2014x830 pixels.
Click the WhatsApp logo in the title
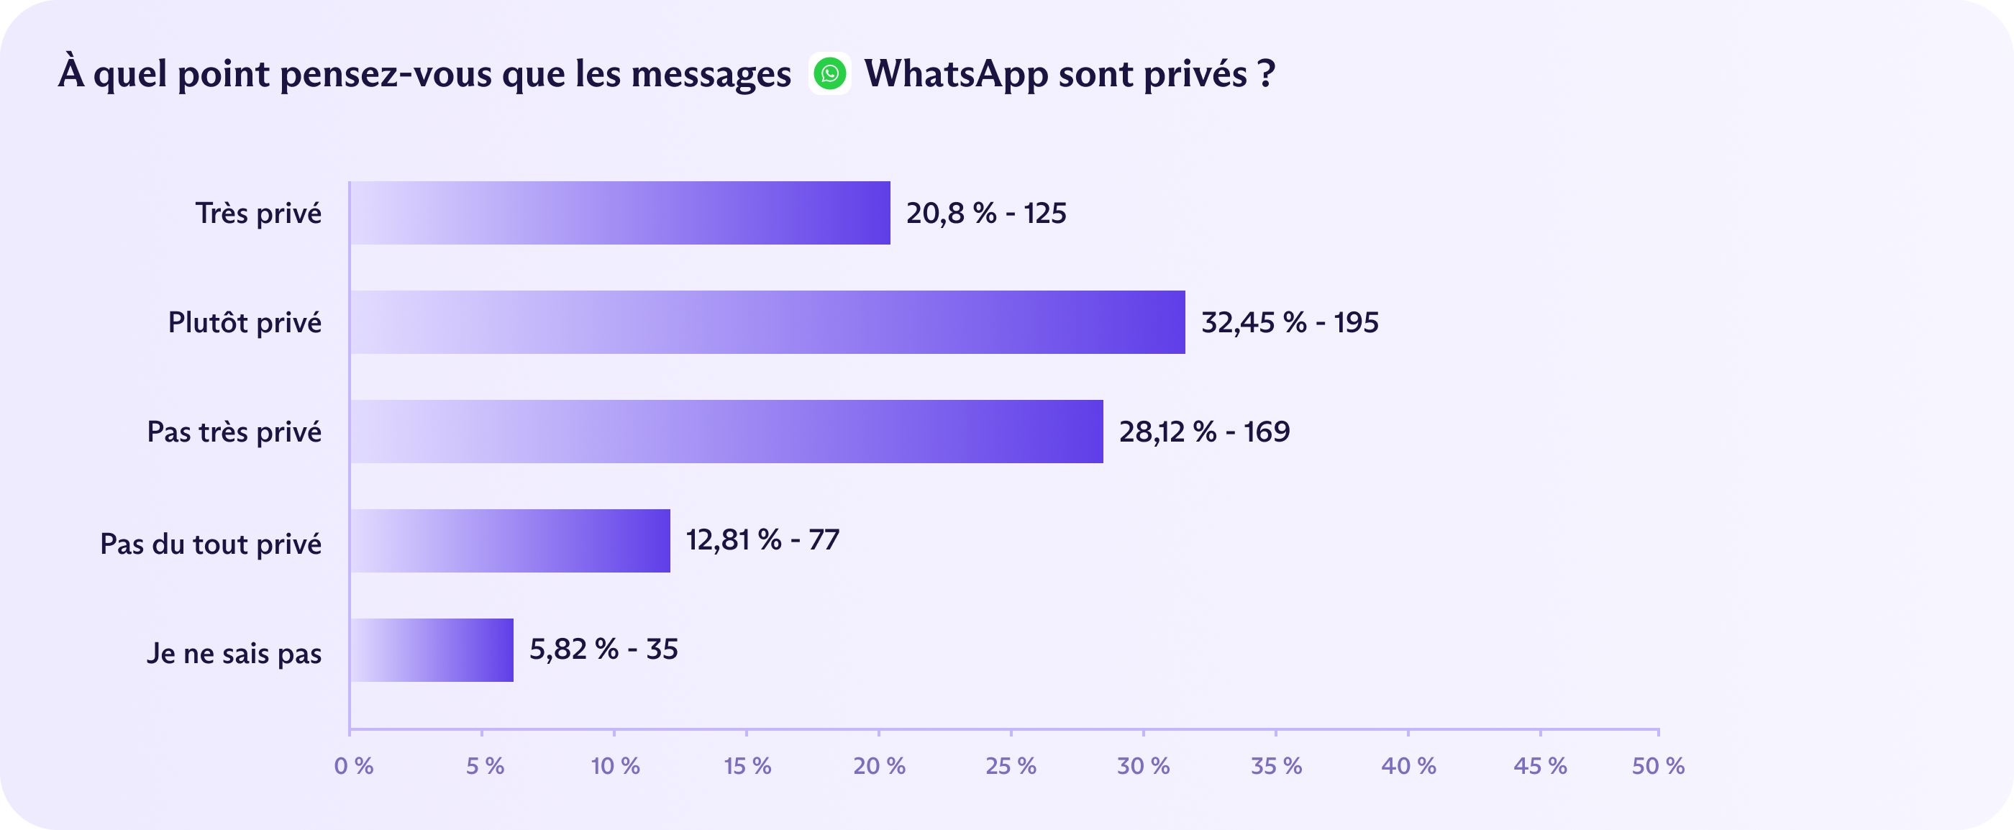pos(829,74)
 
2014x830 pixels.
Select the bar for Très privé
pos(620,214)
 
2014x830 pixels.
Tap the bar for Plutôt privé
pos(767,323)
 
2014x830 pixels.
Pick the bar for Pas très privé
pos(726,432)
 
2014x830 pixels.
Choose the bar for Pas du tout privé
pos(510,541)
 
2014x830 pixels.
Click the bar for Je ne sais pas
pos(432,650)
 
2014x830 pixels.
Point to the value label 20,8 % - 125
pos(986,214)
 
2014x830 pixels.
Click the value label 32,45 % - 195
pos(1289,323)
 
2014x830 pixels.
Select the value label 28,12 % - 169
pos(1204,432)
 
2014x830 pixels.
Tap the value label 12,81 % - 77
pos(762,540)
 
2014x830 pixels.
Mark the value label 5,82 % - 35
pos(603,649)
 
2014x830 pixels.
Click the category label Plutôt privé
pos(245,323)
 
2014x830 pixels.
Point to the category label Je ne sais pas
pos(234,653)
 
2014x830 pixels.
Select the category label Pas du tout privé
pos(210,544)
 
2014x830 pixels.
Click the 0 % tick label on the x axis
pos(353,766)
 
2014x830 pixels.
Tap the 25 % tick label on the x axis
pos(1011,766)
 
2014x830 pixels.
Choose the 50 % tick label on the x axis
pos(1657,766)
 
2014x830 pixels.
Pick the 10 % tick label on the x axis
pos(615,766)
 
